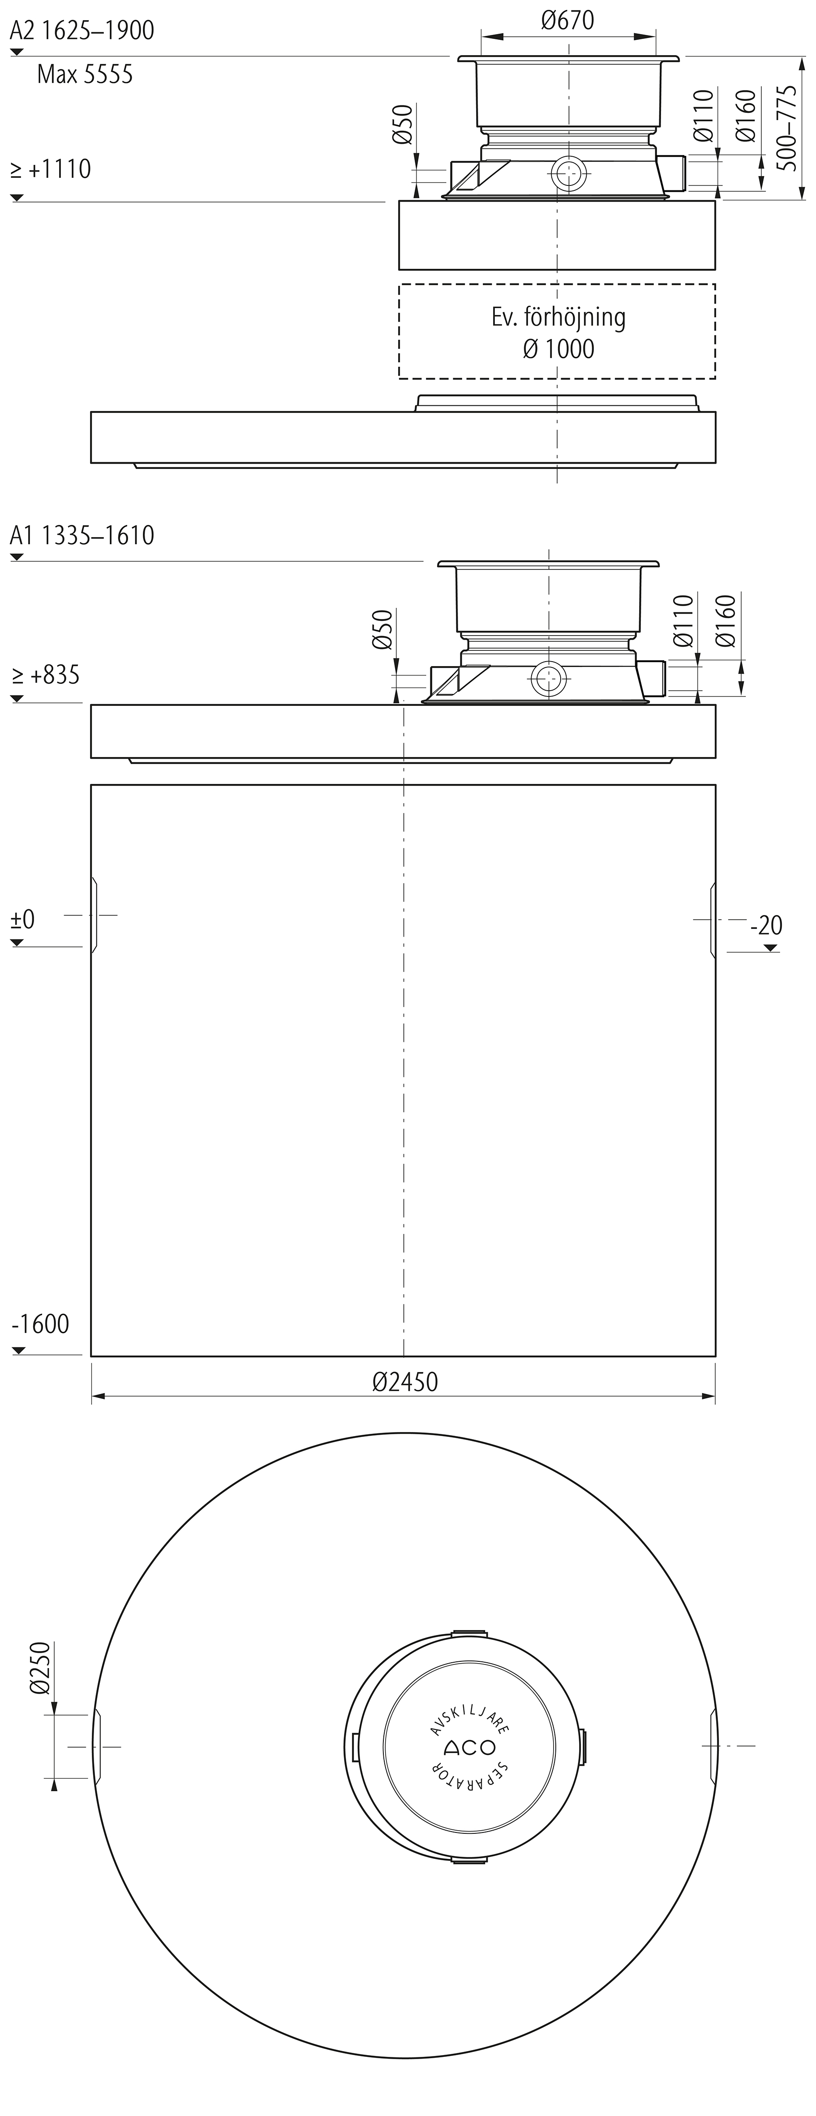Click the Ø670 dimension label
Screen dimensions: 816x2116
(568, 20)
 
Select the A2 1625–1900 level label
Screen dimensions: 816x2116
(82, 30)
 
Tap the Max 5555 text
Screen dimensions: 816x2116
(85, 75)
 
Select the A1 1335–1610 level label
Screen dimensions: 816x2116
(82, 536)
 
